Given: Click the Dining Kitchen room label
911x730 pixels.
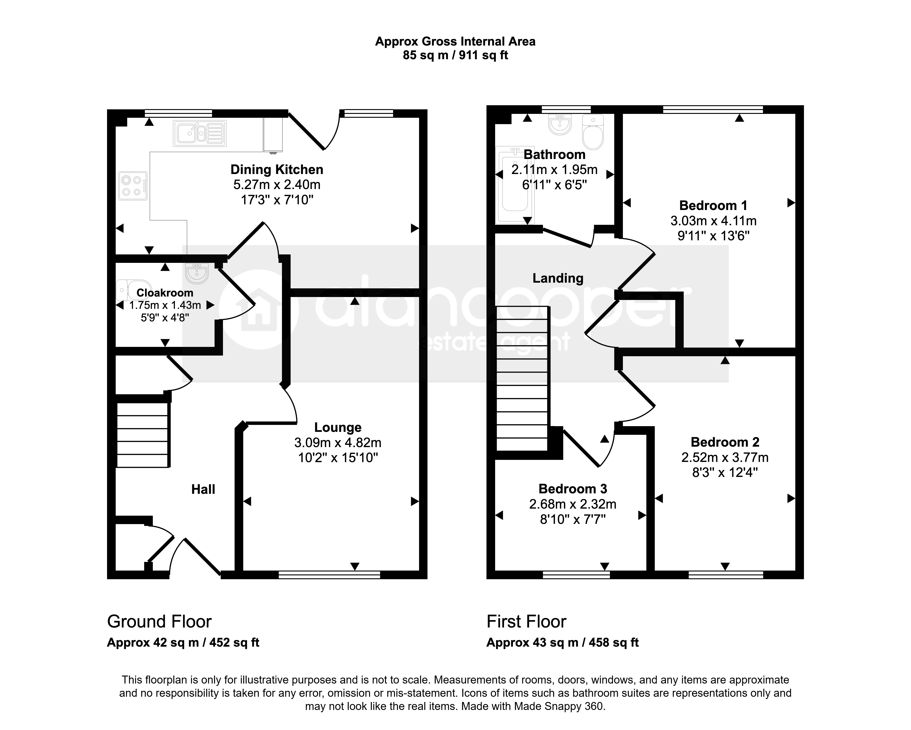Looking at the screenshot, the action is [x=277, y=169].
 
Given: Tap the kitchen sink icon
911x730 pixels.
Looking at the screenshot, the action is [x=200, y=133].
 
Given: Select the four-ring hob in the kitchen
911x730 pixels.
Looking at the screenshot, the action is [x=133, y=186].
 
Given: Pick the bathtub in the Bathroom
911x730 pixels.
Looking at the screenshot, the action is [x=515, y=185].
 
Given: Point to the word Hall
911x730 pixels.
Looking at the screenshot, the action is [x=203, y=489].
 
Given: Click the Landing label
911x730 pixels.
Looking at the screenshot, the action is [x=558, y=278].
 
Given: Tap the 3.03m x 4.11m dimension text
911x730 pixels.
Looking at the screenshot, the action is [x=713, y=221].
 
